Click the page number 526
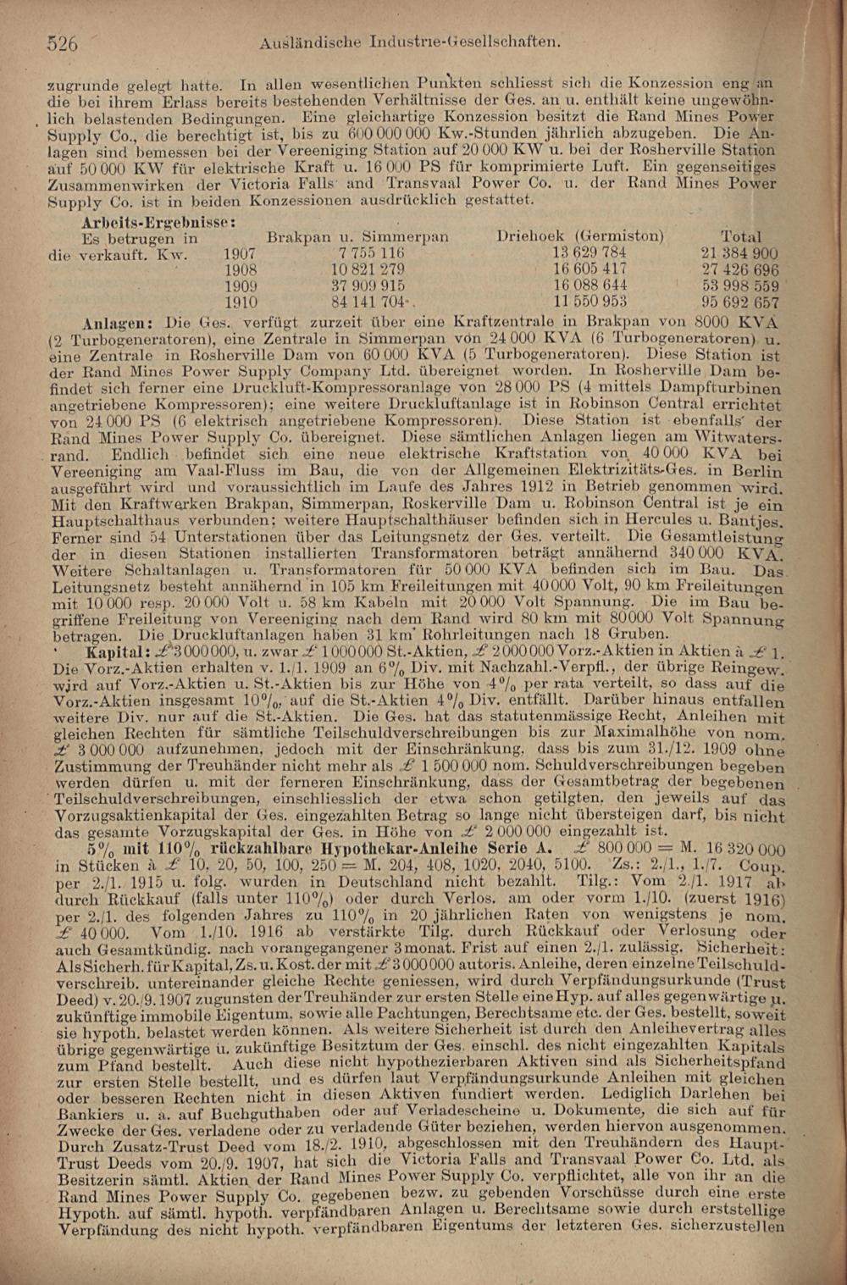63,43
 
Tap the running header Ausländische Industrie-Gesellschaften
411,41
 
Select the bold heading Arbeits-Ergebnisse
158,221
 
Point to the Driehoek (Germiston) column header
580,236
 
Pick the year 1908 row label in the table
240,269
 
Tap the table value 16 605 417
590,269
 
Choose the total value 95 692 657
740,302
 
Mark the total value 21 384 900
740,253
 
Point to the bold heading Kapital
118,652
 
